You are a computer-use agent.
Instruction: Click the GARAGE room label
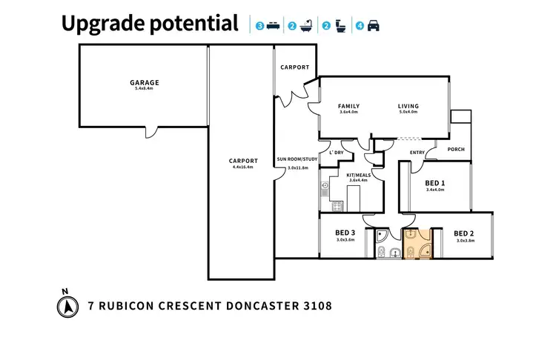145,82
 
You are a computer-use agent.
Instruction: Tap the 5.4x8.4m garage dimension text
145,89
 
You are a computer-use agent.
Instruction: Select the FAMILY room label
348,106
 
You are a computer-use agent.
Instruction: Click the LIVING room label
408,106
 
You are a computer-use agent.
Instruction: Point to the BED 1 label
435,183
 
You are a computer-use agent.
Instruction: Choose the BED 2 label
464,233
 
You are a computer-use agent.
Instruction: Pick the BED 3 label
346,233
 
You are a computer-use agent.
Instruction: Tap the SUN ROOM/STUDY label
297,159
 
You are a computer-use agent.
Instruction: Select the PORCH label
456,150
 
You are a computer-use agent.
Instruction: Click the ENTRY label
418,153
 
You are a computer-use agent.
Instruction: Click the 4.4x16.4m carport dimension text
242,167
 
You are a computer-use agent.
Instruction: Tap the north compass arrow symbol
65,305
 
